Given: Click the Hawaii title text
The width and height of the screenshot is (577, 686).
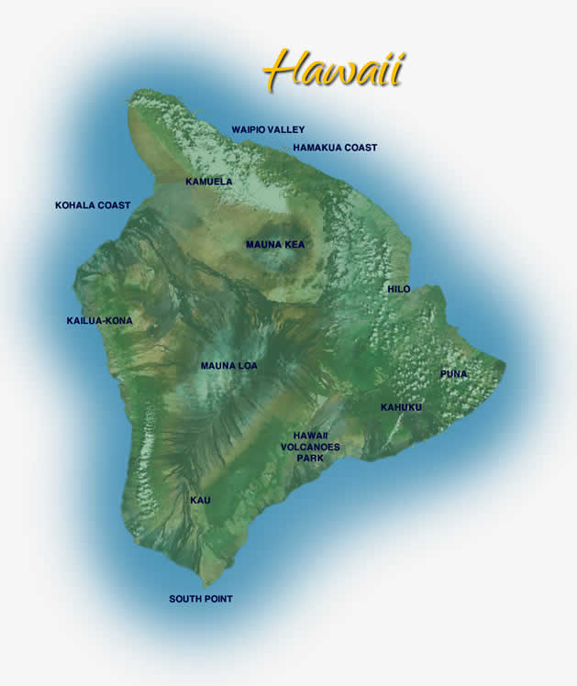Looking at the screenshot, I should [334, 69].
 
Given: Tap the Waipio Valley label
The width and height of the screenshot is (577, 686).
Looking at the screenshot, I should [268, 130].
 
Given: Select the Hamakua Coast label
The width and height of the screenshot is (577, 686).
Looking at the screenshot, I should [335, 148].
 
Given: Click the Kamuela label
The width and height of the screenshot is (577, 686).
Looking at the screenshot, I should [209, 182].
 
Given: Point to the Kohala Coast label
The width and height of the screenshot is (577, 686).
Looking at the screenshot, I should [93, 205].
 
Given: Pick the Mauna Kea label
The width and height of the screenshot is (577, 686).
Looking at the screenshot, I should [275, 245].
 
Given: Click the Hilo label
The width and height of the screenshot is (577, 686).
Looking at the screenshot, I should [399, 290].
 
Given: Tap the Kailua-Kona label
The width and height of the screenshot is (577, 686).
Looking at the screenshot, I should [99, 321].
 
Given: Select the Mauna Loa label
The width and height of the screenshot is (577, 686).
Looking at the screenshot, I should [229, 366].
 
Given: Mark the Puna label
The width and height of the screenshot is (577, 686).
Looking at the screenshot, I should [453, 374].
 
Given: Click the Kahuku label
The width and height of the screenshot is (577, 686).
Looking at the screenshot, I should [402, 407].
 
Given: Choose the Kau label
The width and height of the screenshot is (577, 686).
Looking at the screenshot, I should [200, 501].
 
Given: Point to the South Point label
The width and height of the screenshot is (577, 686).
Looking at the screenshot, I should [201, 599].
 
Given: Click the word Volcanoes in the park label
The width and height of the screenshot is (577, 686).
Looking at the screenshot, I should [310, 447].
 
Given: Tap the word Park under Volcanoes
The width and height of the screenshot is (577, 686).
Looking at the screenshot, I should [310, 458].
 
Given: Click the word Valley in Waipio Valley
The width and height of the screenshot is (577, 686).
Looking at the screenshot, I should [288, 130].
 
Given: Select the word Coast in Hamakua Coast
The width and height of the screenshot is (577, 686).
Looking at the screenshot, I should [361, 148].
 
